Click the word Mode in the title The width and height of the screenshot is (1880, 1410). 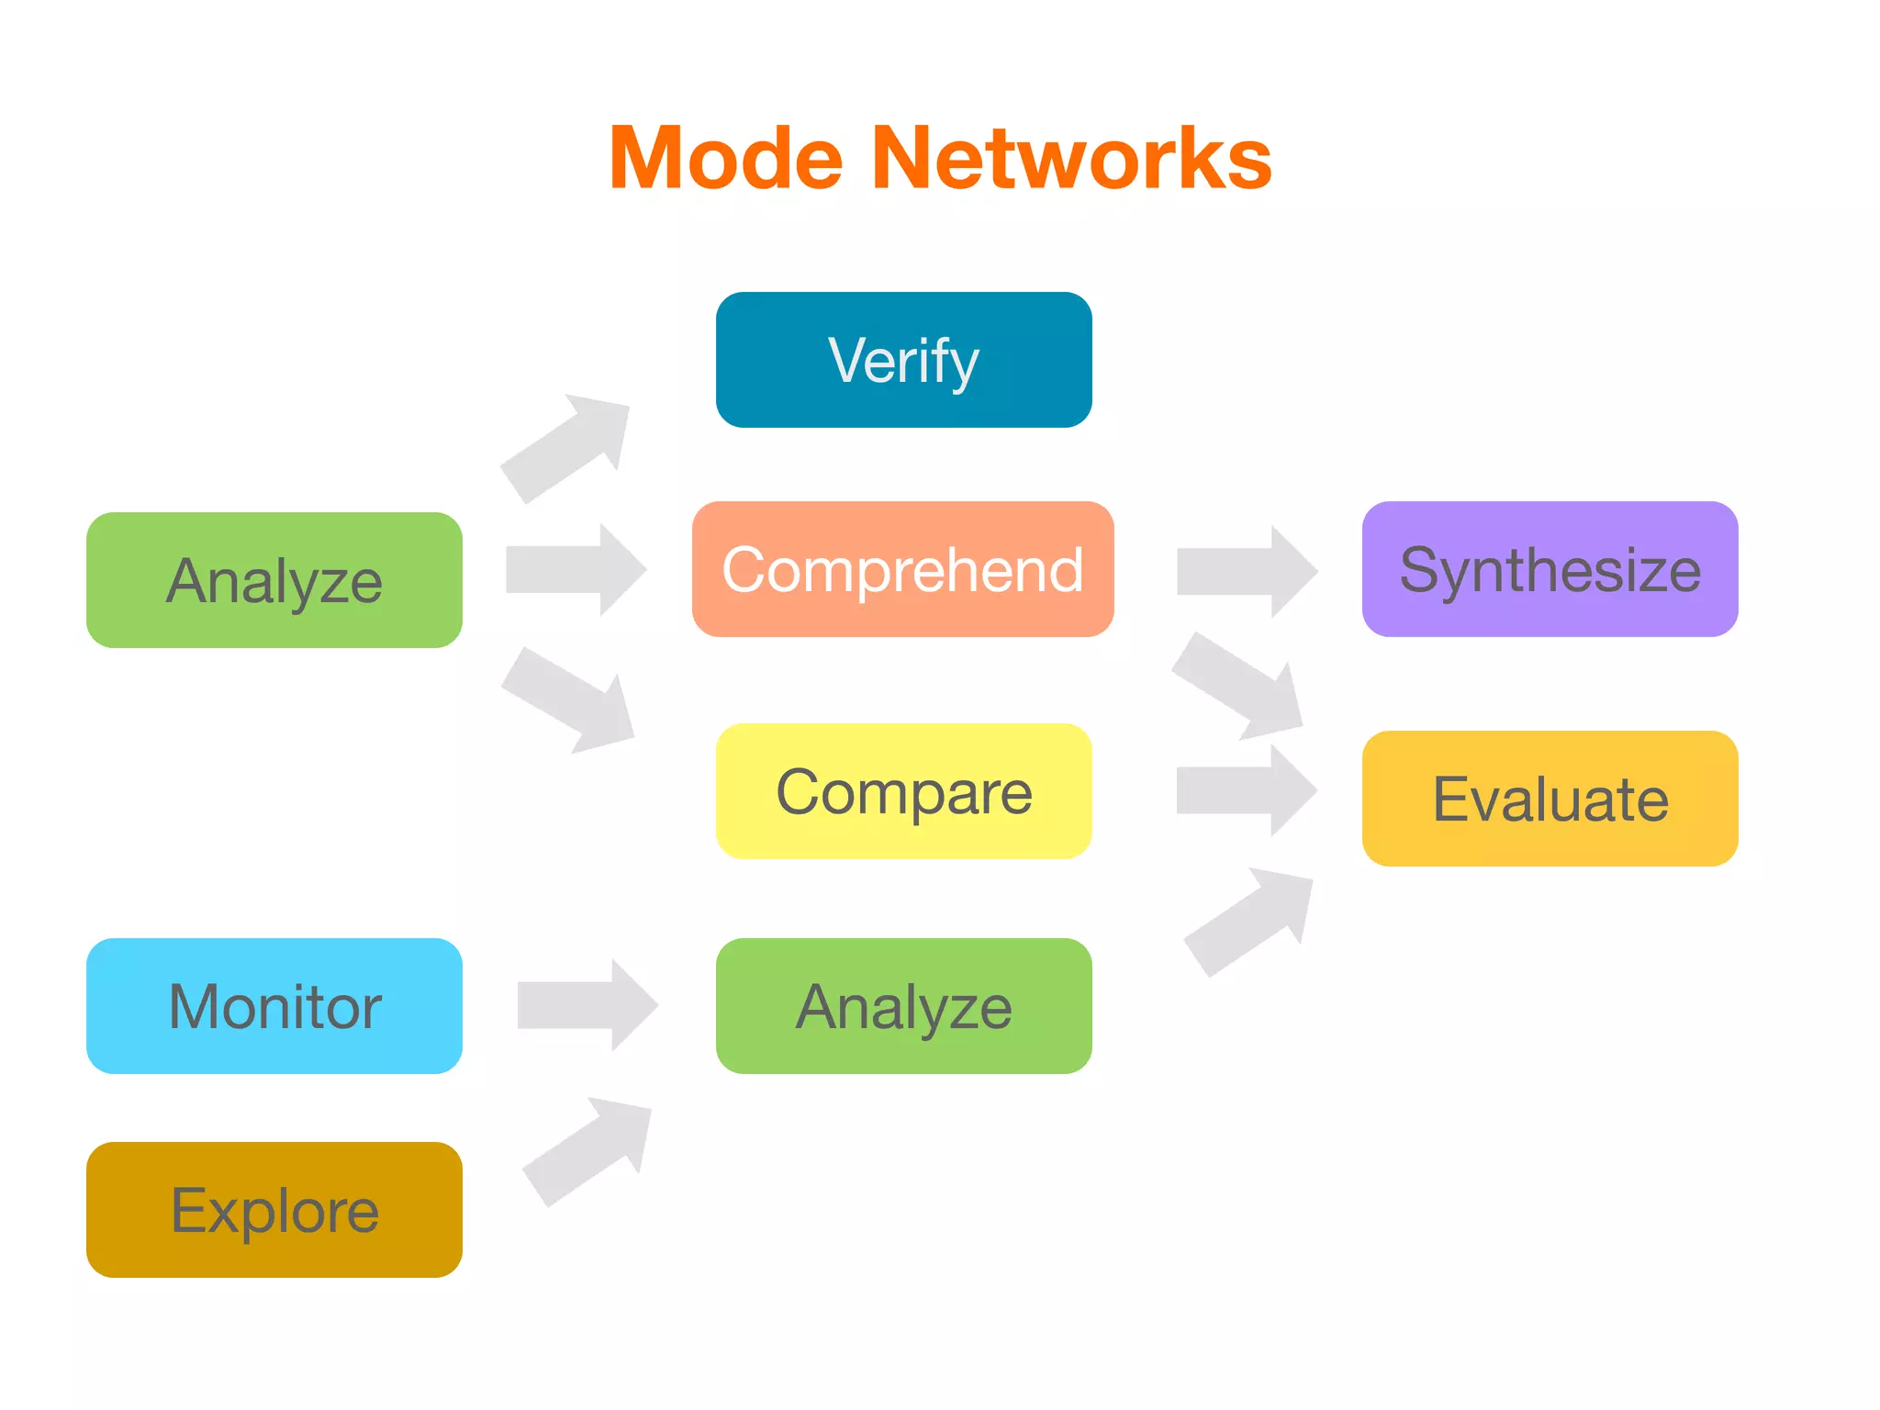coord(725,159)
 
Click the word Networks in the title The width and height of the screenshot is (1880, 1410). coord(1071,159)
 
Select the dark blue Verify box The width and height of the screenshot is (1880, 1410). coord(903,360)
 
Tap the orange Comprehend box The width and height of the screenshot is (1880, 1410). coord(903,569)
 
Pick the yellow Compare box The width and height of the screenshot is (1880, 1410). coord(903,791)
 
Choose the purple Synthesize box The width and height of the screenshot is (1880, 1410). coord(1550,569)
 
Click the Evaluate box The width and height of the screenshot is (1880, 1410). coord(1550,799)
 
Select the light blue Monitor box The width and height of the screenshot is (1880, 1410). coord(274,1006)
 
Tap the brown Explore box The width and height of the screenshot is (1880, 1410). coord(274,1210)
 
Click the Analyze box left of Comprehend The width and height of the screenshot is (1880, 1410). coord(274,580)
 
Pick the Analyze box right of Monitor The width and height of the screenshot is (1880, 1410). coord(903,1006)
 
